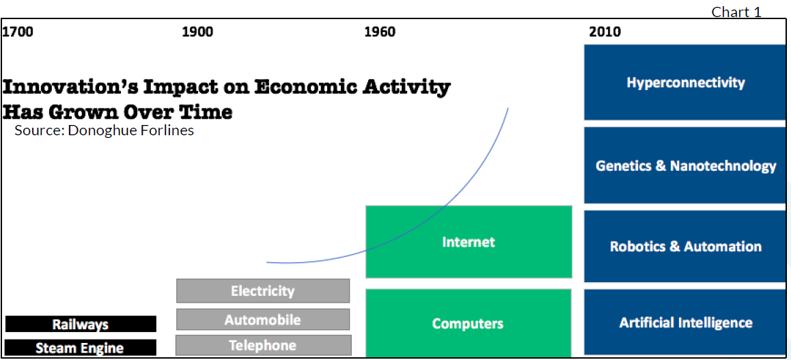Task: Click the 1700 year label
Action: point(18,31)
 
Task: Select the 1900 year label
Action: point(198,31)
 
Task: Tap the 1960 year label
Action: point(380,31)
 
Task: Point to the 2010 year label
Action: point(605,31)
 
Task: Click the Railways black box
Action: point(81,324)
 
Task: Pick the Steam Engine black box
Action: point(81,348)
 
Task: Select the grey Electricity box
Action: point(263,291)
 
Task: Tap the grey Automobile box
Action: point(263,320)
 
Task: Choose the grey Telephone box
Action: point(264,346)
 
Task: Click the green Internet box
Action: point(469,242)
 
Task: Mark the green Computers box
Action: point(468,323)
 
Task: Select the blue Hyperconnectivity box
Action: point(685,82)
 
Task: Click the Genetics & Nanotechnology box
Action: point(685,165)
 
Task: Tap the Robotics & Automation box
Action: point(685,246)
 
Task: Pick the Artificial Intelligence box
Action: point(685,322)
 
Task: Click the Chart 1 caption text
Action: point(736,12)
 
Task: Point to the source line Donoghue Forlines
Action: point(104,130)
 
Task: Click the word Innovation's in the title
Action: point(72,87)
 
